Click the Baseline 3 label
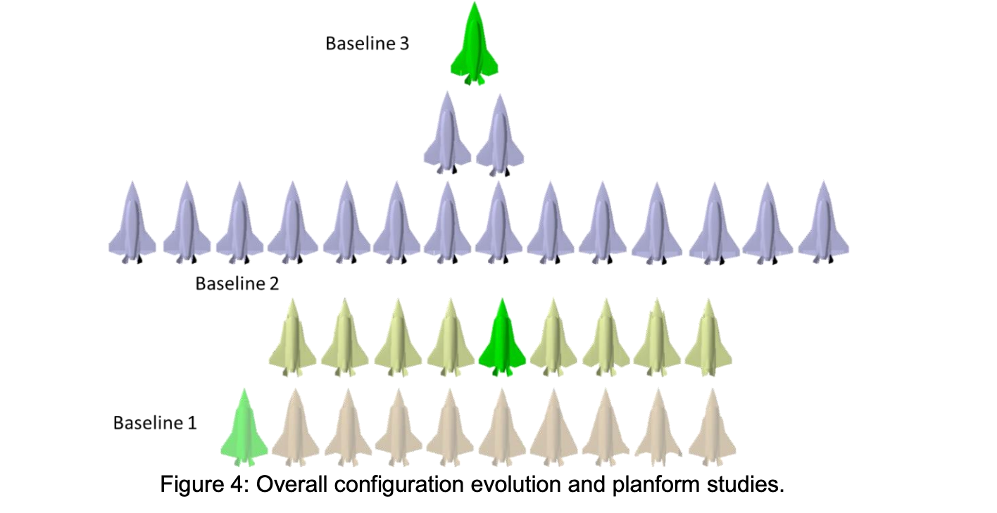point(366,44)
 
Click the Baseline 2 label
point(237,284)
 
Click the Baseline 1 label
point(155,423)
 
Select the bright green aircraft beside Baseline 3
point(475,45)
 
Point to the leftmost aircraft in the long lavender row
point(132,224)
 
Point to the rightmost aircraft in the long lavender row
point(822,224)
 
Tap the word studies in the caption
point(746,486)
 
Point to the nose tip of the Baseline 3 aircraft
point(476,4)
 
